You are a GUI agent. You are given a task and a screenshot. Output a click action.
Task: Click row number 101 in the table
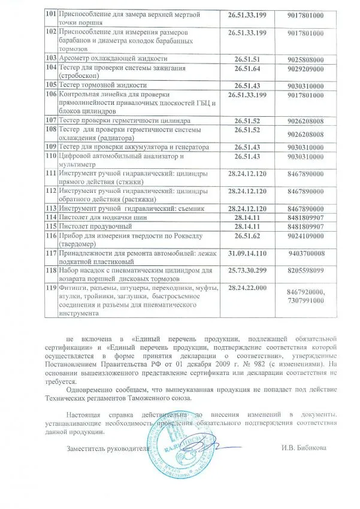(52, 14)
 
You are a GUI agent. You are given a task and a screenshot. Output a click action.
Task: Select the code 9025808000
(305, 59)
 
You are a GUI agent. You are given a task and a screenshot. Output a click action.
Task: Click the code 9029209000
(305, 69)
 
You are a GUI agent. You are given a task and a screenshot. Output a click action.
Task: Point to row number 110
(52, 156)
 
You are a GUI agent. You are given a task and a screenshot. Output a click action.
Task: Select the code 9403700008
(305, 254)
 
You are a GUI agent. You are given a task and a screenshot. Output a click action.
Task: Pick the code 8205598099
(305, 270)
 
